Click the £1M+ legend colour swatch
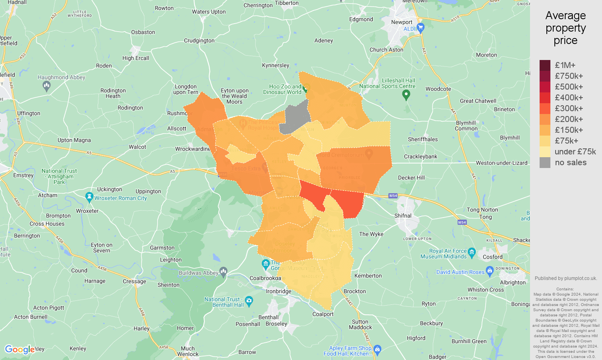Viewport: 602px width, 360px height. (x=545, y=65)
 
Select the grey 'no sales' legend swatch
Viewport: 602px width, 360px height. (x=545, y=162)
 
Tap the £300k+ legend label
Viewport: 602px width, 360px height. (x=568, y=108)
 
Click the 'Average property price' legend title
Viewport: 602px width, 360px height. (x=566, y=28)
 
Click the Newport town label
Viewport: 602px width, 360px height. (x=402, y=22)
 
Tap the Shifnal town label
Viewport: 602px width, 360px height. (x=403, y=216)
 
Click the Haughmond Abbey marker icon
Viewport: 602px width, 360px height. (x=47, y=86)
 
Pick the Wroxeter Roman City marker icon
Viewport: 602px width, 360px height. (x=89, y=197)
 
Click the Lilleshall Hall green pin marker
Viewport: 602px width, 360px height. (x=406, y=95)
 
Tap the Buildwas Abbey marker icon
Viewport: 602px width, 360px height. (x=224, y=272)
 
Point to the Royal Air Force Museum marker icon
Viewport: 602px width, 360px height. (x=472, y=252)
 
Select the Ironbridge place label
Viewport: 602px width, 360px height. (x=279, y=291)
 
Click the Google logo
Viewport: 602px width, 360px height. (x=20, y=350)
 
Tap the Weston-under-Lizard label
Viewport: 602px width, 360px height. (x=502, y=163)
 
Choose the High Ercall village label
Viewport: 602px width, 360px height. (x=136, y=58)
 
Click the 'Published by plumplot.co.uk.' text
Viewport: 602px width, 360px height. (x=566, y=278)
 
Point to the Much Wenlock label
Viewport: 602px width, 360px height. (x=188, y=351)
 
